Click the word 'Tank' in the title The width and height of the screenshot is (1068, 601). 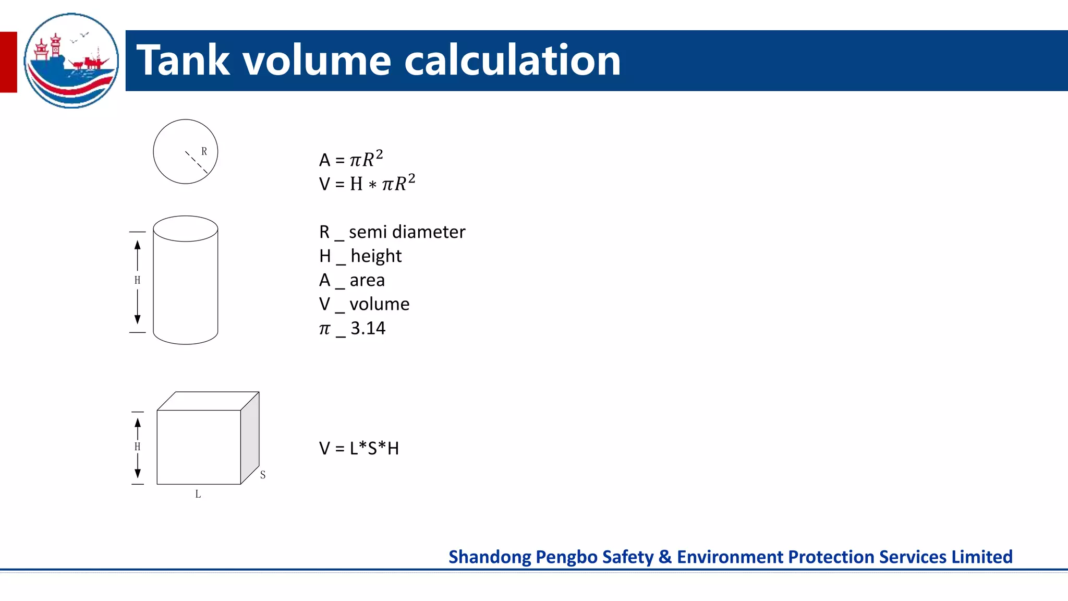[x=183, y=61]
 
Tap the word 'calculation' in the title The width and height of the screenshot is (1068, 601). [x=512, y=61]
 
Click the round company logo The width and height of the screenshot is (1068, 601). [x=71, y=61]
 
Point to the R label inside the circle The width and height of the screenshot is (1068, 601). [x=204, y=151]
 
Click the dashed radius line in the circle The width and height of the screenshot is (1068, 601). [x=197, y=162]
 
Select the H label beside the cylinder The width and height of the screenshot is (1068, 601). [x=137, y=280]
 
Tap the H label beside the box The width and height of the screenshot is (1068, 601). [x=137, y=447]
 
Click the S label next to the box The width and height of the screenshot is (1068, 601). [x=263, y=475]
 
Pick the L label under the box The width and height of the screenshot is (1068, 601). [x=198, y=494]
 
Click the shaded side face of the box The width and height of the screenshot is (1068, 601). [x=250, y=437]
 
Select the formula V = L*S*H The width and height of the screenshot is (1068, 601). [x=359, y=448]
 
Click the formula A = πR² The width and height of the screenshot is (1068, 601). [x=351, y=159]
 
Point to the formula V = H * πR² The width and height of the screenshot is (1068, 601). [x=367, y=184]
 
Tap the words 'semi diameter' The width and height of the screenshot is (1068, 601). [x=407, y=232]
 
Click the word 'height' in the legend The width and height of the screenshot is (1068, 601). [x=376, y=256]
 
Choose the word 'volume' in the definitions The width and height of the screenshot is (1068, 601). [x=379, y=304]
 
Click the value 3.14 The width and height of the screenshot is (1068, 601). [x=368, y=328]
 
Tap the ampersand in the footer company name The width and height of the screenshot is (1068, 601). [x=665, y=557]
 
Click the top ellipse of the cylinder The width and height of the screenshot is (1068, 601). [x=186, y=229]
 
